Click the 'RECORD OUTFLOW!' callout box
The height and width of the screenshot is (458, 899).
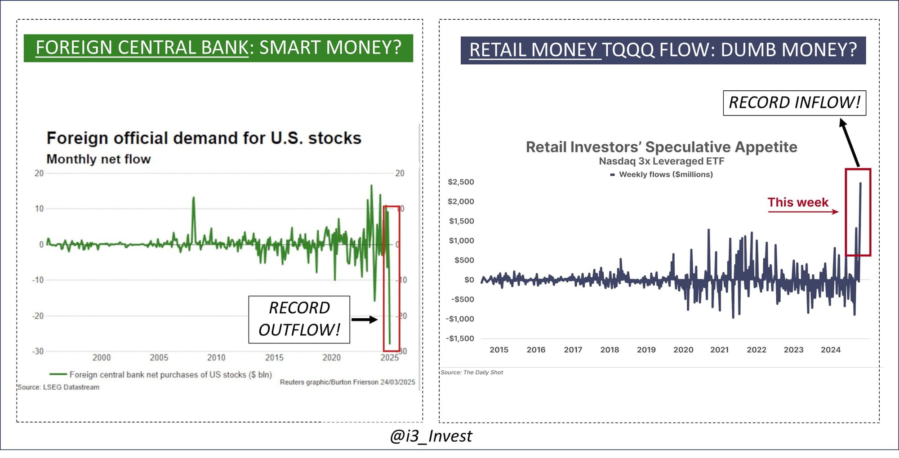click(299, 319)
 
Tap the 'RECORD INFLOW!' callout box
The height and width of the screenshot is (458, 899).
click(794, 103)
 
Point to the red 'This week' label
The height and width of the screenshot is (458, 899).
click(797, 202)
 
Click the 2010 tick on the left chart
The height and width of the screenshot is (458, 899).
click(216, 357)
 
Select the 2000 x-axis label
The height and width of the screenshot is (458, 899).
click(102, 357)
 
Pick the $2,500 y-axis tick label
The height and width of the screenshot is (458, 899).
click(461, 182)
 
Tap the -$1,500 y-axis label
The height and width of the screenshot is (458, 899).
click(460, 338)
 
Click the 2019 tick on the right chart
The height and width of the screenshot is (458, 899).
click(646, 350)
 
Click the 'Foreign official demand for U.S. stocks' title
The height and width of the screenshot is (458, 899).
click(204, 138)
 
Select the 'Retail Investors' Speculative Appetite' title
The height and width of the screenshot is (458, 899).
click(661, 147)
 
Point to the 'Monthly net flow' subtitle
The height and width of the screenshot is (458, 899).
click(98, 159)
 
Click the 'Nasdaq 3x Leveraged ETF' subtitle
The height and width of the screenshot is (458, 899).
click(661, 161)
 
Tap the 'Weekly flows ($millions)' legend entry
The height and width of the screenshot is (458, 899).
click(665, 174)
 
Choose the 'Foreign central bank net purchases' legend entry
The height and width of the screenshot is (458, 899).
click(170, 374)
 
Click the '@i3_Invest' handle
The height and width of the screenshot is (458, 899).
click(431, 436)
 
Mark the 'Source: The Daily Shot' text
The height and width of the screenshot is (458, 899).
click(472, 372)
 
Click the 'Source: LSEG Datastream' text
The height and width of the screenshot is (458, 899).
click(58, 387)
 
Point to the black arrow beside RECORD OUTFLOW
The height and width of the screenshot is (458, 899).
click(364, 320)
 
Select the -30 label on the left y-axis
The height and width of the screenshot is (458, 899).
click(38, 351)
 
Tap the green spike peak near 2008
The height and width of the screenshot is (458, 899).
click(194, 197)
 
